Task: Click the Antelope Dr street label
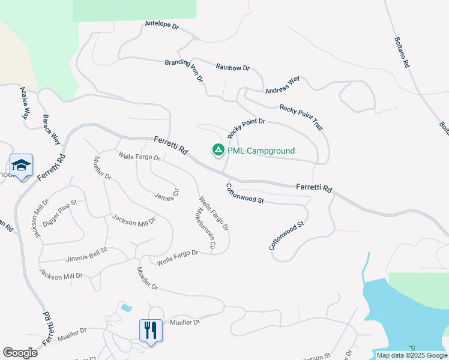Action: point(162,26)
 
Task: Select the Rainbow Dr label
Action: point(232,68)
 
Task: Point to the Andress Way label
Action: point(282,85)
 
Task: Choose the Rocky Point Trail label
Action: point(301,117)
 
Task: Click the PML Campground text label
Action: point(261,151)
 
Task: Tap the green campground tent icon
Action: point(218,149)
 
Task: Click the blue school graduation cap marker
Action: point(21,166)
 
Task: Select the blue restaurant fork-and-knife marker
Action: point(151,331)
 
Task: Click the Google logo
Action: point(20,353)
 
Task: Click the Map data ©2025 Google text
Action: point(412,355)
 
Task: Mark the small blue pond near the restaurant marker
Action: point(125,308)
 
